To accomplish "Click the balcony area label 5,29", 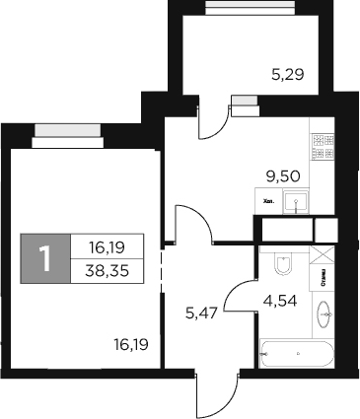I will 287,71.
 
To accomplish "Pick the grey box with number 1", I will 44,258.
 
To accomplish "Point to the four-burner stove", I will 321,148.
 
